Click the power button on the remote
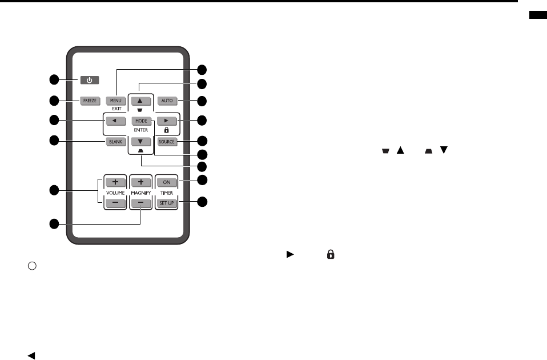[x=89, y=80]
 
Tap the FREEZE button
[x=90, y=101]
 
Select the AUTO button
[x=167, y=101]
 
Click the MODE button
[x=142, y=121]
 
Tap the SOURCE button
[x=167, y=142]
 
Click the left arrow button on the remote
[x=115, y=121]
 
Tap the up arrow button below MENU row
[x=142, y=101]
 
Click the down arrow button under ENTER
[x=142, y=142]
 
